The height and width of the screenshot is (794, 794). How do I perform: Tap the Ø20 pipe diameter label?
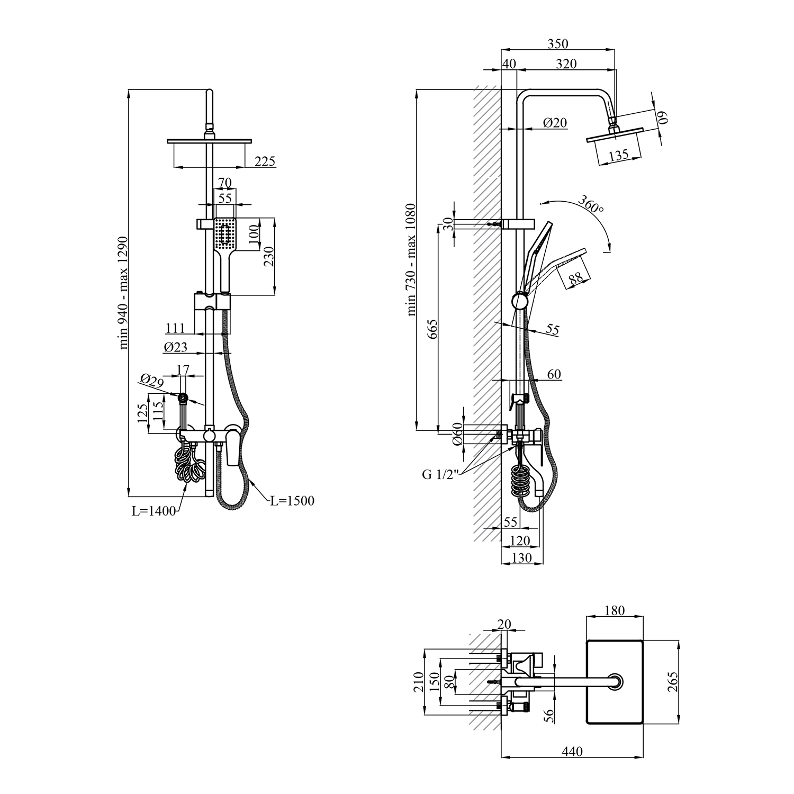[555, 123]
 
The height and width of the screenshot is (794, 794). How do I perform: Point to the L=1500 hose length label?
[291, 500]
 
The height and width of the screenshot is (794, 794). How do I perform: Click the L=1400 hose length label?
[154, 511]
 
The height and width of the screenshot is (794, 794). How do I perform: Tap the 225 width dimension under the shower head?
[265, 161]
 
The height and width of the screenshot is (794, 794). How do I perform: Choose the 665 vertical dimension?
[432, 329]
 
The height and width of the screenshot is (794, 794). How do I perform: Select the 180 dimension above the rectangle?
[614, 610]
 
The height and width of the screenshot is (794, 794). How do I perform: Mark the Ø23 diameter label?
[176, 347]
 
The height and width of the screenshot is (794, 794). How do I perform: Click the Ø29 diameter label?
[152, 381]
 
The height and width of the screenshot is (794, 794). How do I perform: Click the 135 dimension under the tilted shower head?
[618, 155]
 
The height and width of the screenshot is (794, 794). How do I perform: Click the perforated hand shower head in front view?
[225, 233]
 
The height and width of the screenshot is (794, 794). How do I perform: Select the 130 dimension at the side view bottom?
[522, 558]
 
